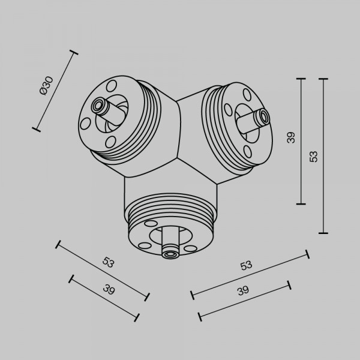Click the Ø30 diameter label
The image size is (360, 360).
click(47, 86)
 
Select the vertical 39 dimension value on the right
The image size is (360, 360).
click(291, 138)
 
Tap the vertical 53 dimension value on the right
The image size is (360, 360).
click(313, 157)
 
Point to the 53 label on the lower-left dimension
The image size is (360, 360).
click(108, 262)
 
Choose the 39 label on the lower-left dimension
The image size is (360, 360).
click(109, 289)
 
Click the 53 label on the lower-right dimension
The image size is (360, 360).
click(246, 265)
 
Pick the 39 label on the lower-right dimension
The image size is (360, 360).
click(243, 290)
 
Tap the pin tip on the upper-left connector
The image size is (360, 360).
click(98, 106)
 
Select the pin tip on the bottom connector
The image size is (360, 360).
click(170, 254)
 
